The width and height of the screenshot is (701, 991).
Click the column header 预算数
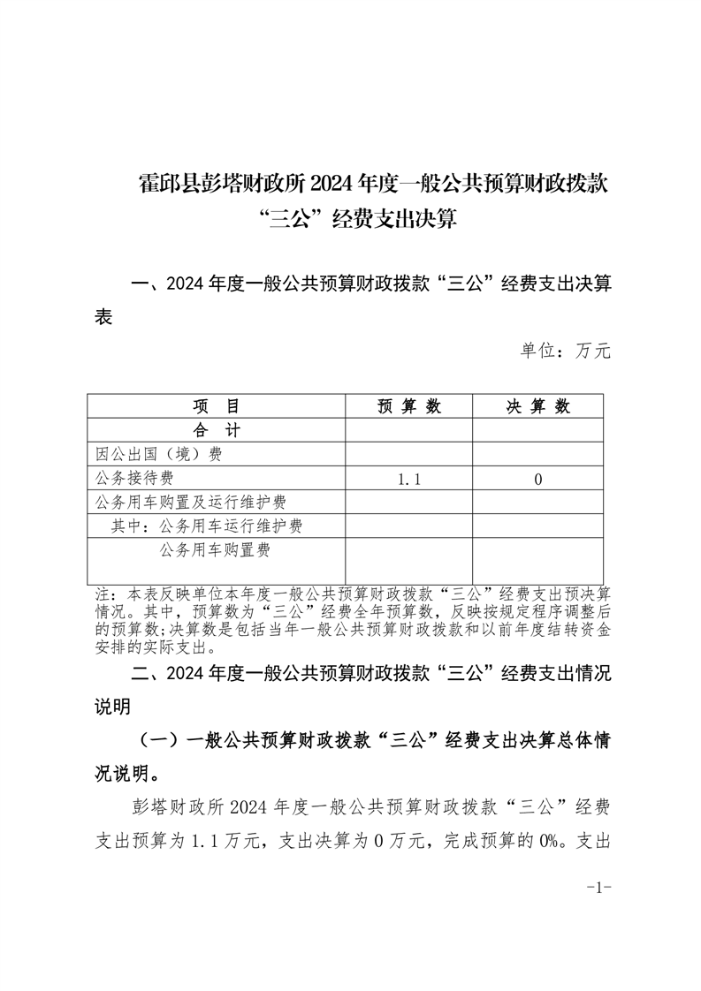click(x=408, y=406)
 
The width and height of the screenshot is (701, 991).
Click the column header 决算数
click(x=537, y=406)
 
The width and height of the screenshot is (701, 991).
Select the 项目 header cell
click(x=217, y=406)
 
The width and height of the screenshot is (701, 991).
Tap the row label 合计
click(x=217, y=430)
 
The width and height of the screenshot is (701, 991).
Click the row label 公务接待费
click(x=134, y=478)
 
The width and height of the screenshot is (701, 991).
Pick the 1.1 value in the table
click(x=408, y=479)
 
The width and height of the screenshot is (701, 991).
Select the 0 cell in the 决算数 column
click(x=537, y=479)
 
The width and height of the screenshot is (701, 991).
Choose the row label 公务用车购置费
click(x=215, y=550)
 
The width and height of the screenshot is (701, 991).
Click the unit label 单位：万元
click(x=566, y=351)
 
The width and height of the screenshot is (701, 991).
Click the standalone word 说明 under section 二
click(x=112, y=707)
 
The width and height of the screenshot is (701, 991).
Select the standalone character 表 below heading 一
click(x=103, y=318)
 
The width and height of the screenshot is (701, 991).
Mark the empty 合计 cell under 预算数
click(x=408, y=430)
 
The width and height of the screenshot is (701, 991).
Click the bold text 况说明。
click(x=128, y=775)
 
